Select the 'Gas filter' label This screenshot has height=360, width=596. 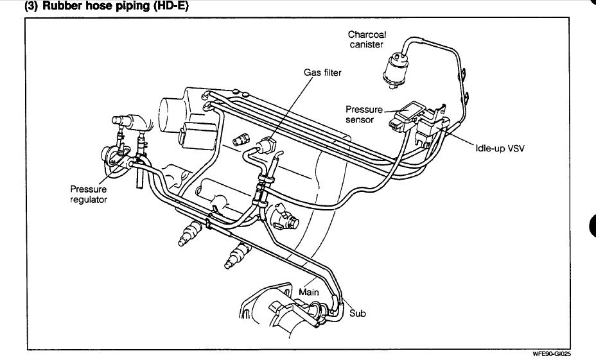322,73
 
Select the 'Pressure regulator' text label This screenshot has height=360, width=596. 89,194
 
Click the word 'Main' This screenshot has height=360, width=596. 309,292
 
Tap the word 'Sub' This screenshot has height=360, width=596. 357,314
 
